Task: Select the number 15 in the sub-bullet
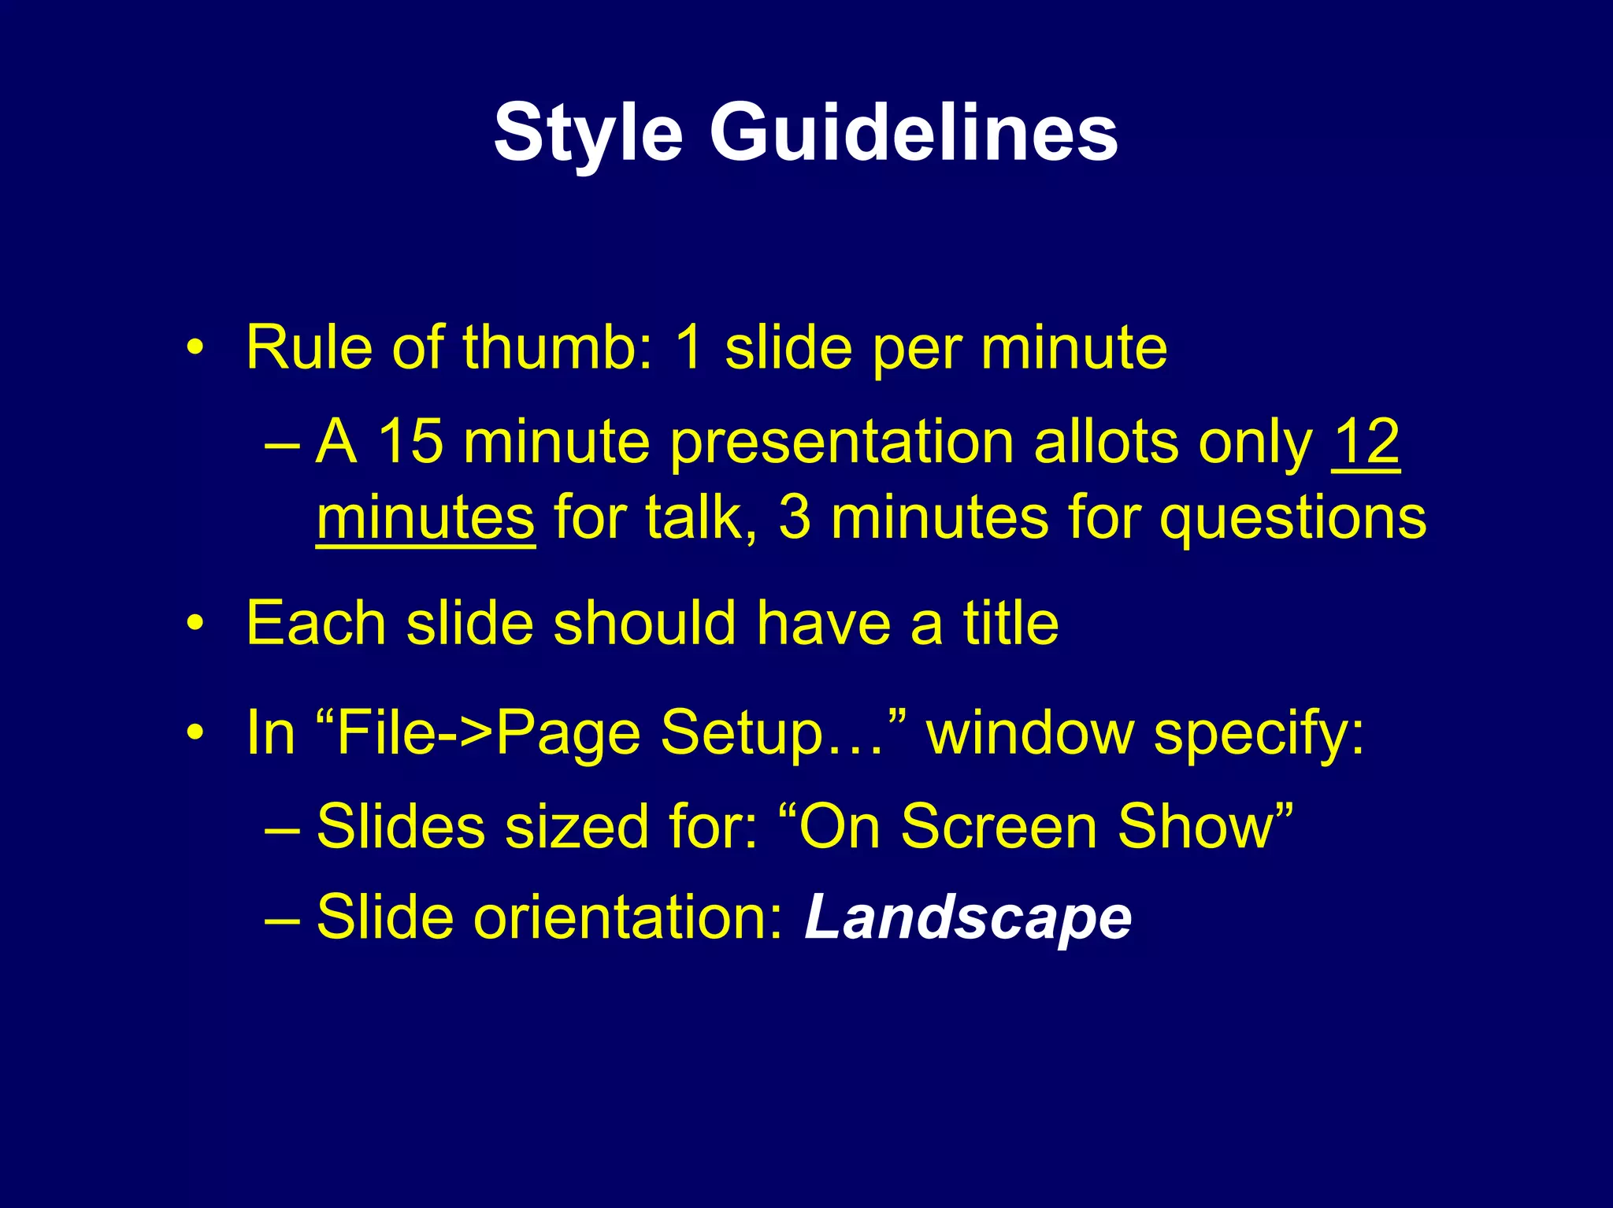(410, 442)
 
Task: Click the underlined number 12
(1366, 442)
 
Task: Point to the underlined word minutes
(425, 518)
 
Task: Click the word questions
(1292, 520)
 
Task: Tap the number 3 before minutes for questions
(794, 518)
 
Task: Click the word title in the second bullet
(1010, 624)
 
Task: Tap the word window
(1030, 733)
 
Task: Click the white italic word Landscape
(967, 918)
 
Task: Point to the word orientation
(629, 917)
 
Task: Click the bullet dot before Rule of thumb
(195, 348)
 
